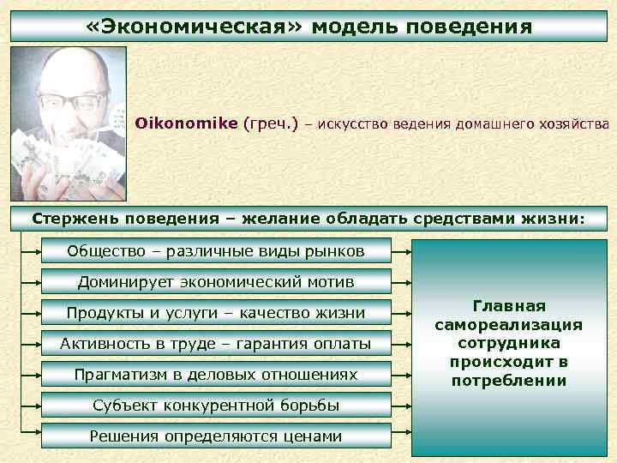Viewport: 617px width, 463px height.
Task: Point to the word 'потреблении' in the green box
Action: pyautogui.click(x=509, y=380)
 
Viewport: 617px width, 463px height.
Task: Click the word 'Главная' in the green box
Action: pyautogui.click(x=509, y=306)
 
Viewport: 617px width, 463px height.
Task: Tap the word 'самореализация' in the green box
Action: pyautogui.click(x=509, y=325)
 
